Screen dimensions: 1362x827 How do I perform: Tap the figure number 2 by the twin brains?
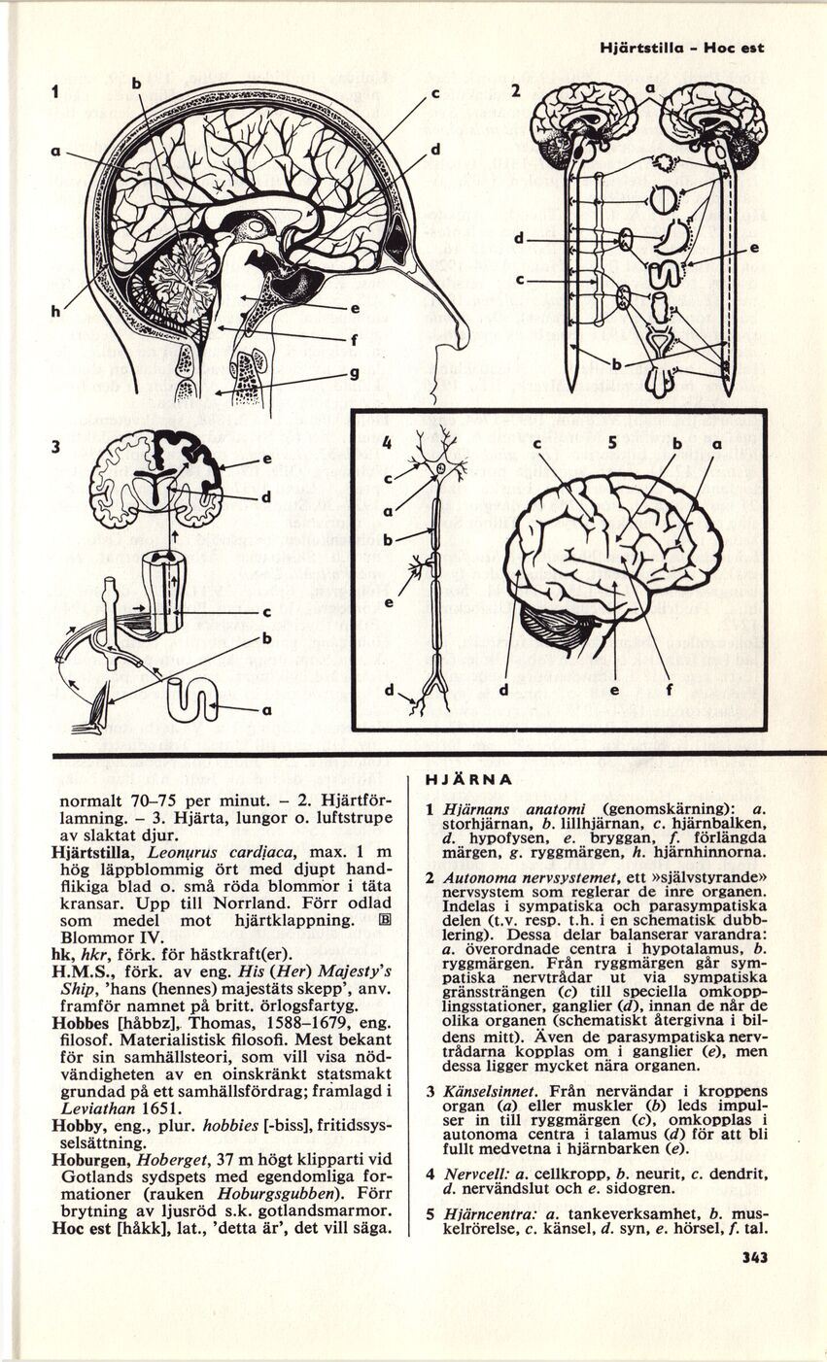(517, 90)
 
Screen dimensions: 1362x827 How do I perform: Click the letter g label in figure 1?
(355, 375)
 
